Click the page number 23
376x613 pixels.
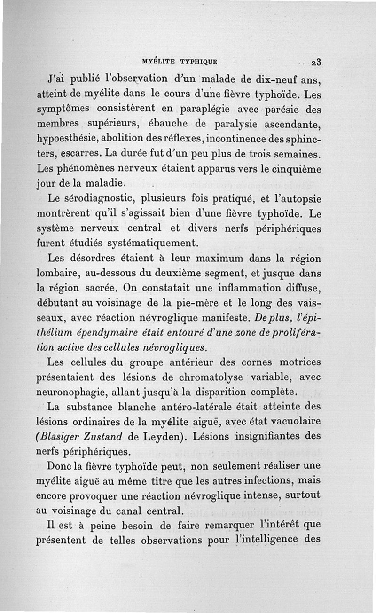[315, 62]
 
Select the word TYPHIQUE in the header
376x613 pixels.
[199, 61]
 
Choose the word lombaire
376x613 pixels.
[59, 273]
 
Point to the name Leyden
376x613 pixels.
[159, 436]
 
